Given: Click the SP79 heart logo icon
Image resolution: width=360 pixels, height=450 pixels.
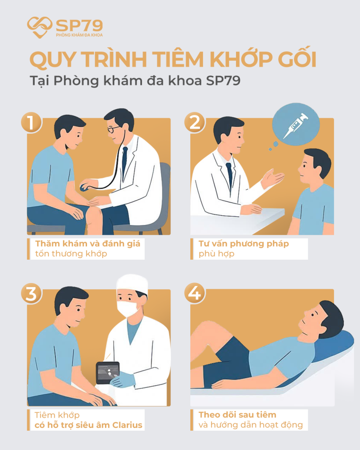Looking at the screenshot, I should (x=40, y=27).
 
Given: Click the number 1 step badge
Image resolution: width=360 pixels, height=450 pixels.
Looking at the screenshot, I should (x=31, y=123).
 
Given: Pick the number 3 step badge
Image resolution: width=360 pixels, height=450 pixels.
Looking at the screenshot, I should (x=31, y=294).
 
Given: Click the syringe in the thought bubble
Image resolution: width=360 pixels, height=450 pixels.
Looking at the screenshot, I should (x=295, y=126).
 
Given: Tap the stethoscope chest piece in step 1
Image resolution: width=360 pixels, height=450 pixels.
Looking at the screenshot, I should (x=84, y=188).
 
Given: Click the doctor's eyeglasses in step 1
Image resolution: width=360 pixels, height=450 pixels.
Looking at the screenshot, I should (x=113, y=130).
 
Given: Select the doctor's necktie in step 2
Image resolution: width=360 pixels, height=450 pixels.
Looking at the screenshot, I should (x=229, y=174).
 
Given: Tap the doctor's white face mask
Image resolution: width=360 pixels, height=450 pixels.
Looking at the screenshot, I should (x=128, y=308).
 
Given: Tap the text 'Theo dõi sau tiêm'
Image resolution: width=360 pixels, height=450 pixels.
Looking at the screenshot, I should (x=237, y=414).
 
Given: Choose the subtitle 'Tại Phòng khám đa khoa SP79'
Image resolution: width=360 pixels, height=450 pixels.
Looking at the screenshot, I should (x=135, y=82).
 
